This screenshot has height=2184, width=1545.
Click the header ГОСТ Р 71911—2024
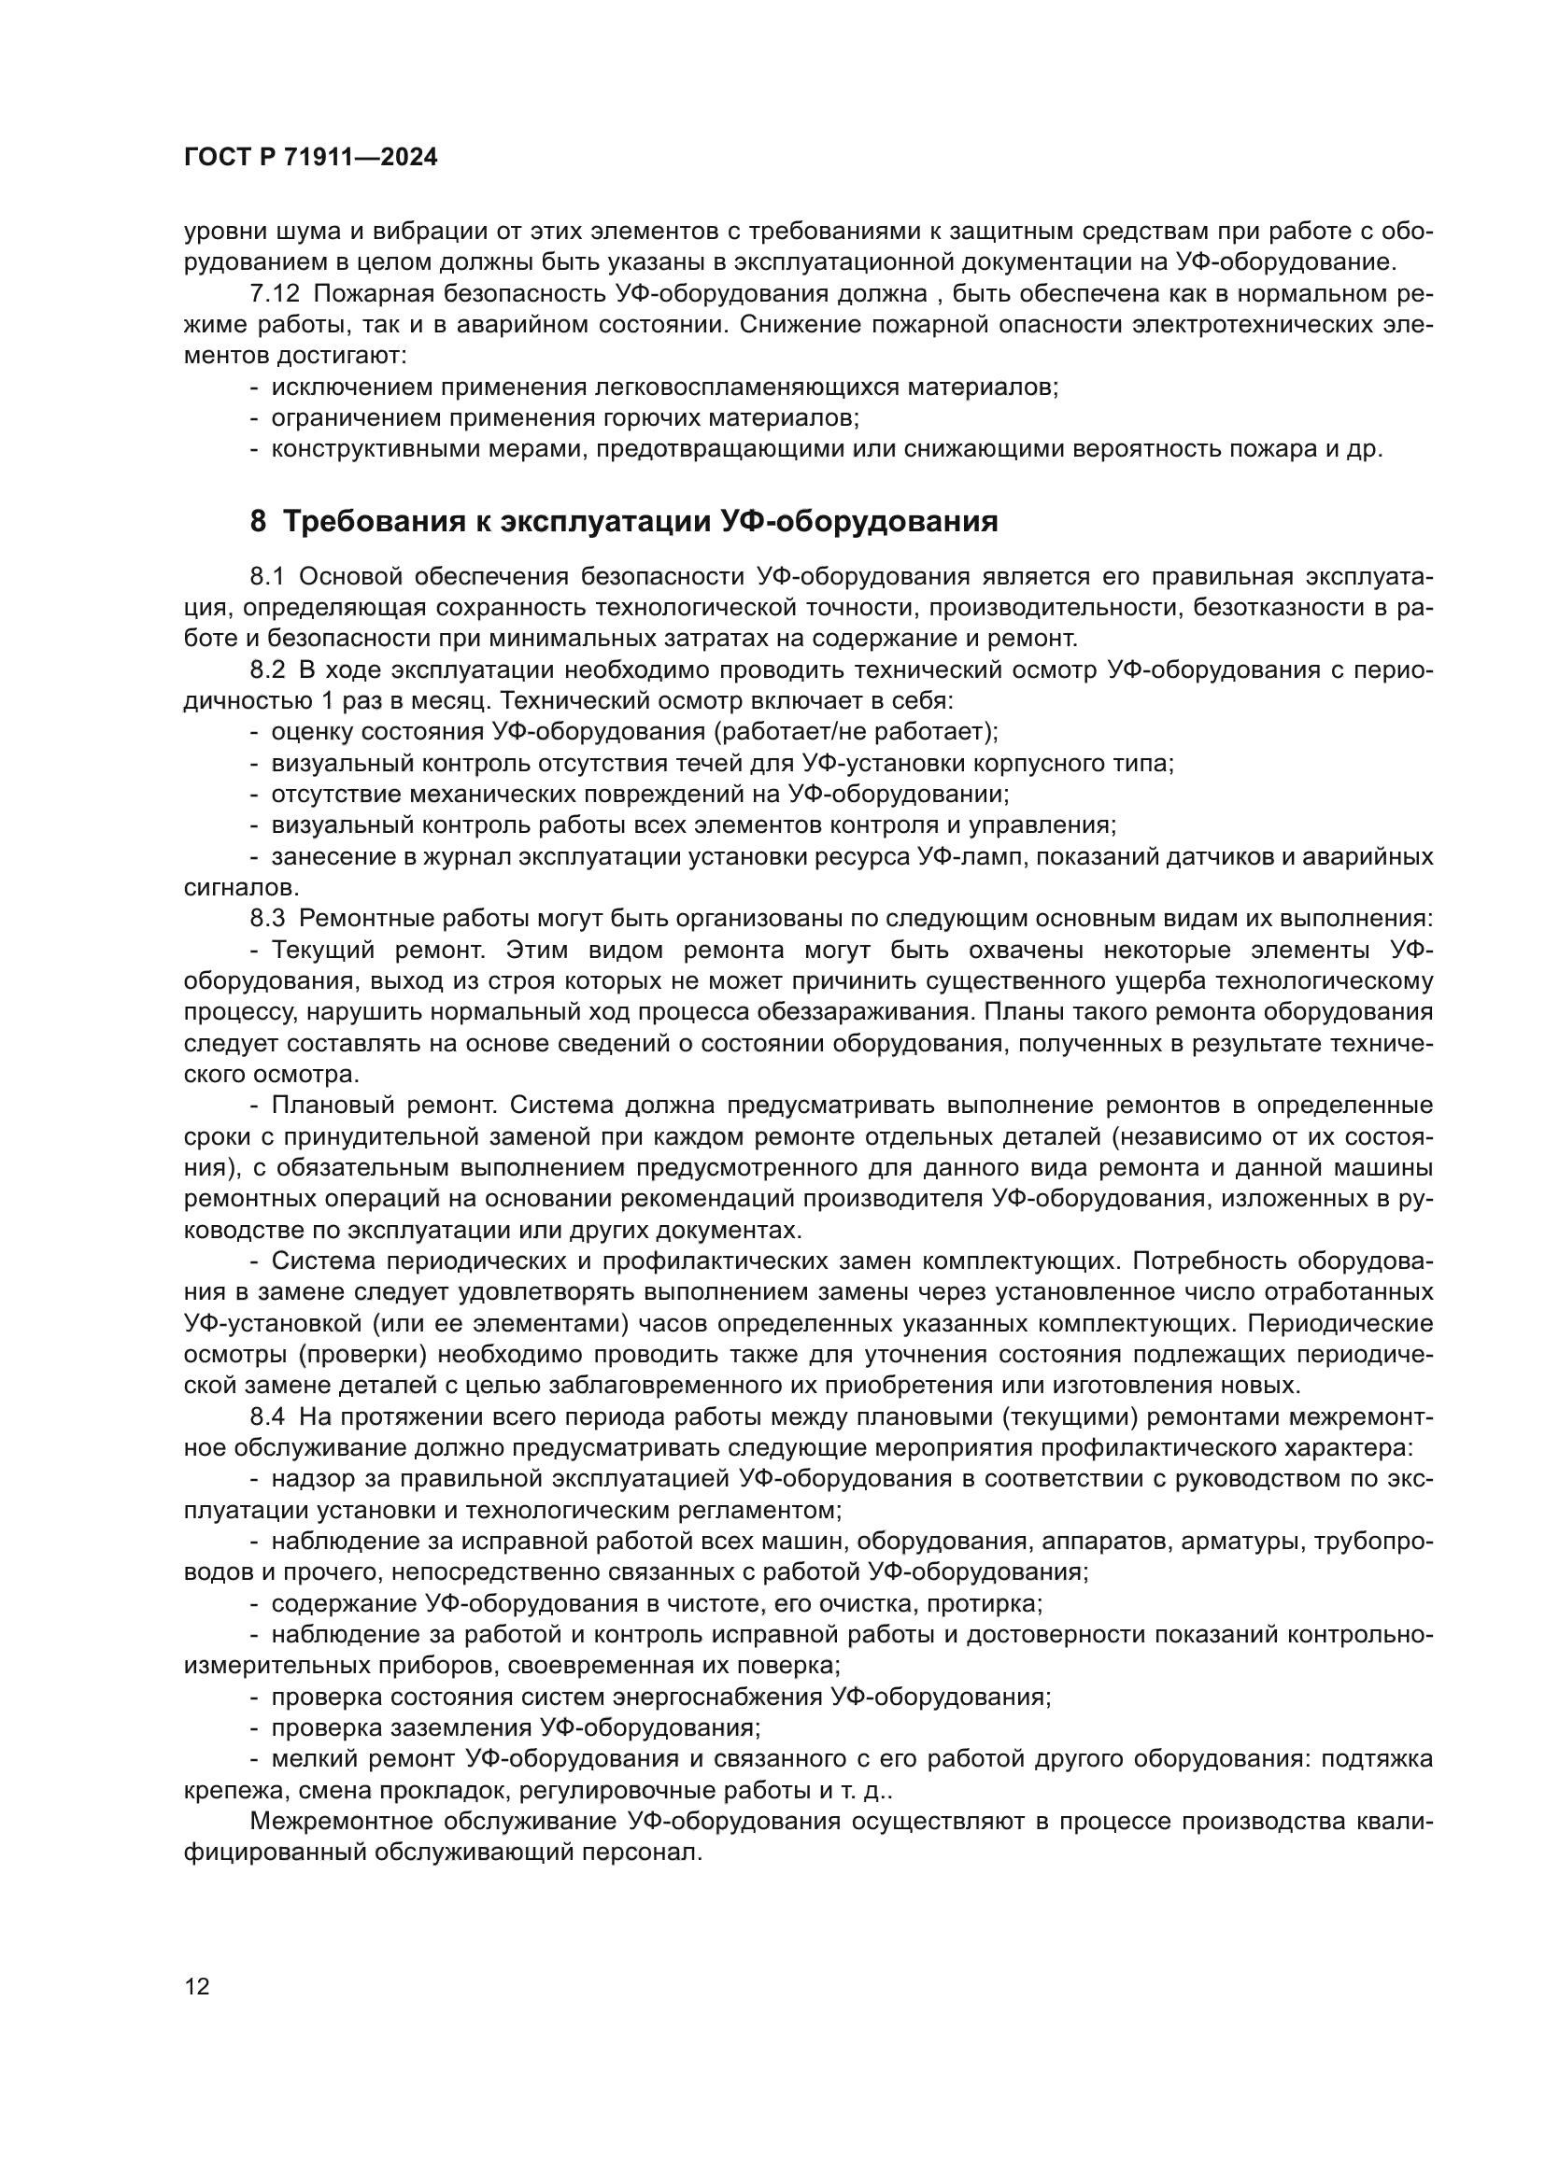coord(311,158)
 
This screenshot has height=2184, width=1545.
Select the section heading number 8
coord(259,521)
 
